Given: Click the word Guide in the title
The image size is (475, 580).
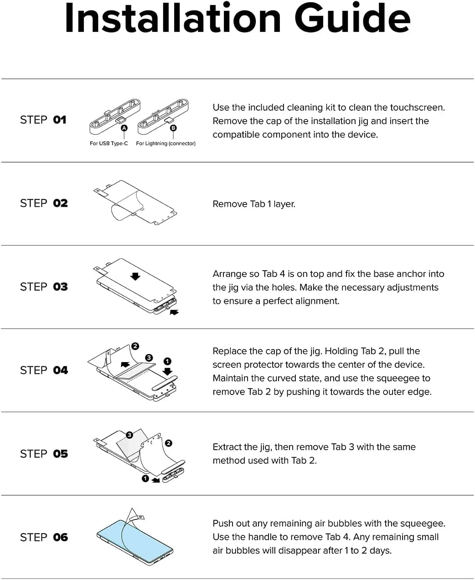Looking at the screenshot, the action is click(352, 18).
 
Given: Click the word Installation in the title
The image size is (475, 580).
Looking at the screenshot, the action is click(173, 18).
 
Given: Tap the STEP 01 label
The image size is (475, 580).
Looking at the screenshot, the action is click(43, 120).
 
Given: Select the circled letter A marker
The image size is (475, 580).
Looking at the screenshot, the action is click(124, 128).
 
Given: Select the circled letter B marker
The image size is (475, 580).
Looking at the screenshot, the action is click(173, 128).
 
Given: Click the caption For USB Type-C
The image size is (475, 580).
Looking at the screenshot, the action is click(108, 143).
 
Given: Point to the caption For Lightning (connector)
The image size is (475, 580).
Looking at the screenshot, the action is click(165, 143).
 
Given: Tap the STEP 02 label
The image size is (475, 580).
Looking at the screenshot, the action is click(44, 203).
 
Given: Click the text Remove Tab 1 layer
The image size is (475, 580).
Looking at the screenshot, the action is click(254, 204).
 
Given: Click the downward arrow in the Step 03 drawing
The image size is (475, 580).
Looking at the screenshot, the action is click(135, 276).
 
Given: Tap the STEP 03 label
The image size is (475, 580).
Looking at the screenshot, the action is click(44, 287).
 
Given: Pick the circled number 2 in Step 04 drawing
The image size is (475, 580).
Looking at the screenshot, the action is click(135, 346).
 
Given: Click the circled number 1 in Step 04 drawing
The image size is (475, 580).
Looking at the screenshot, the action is click(167, 361).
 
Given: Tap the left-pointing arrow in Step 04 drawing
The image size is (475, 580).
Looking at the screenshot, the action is click(125, 364).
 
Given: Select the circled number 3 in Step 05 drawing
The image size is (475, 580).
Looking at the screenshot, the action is click(129, 435).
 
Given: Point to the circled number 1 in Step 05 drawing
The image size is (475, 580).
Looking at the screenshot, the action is click(145, 478).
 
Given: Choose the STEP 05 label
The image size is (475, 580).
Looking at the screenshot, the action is click(44, 454).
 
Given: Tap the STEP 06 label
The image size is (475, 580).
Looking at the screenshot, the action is click(44, 537).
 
